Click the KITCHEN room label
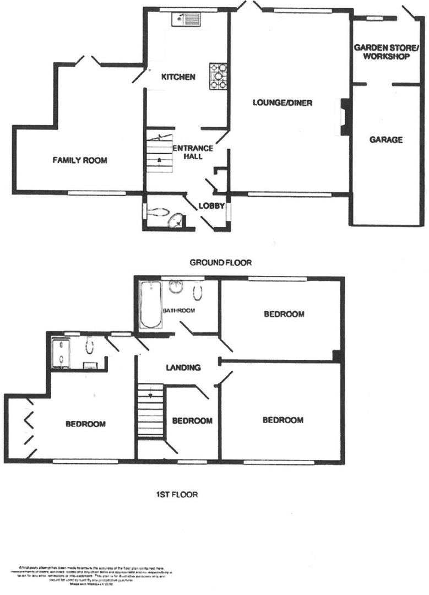coord(177,77)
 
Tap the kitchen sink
coord(187,20)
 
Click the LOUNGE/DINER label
coord(279,102)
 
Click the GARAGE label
coord(385,140)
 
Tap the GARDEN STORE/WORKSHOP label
coord(382,52)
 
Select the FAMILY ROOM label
coord(79,161)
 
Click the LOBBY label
coord(211,207)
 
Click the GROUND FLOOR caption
coord(220,263)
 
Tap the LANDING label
coord(184,368)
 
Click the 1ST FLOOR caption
coord(176,494)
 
